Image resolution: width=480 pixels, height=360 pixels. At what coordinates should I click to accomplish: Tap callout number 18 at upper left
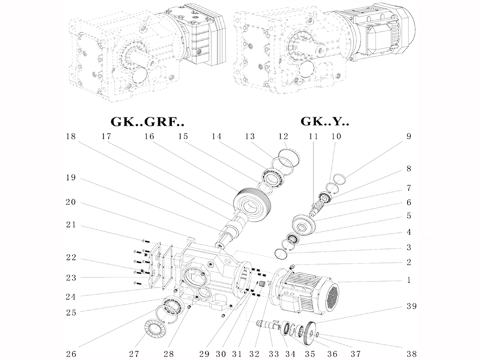coord(71,137)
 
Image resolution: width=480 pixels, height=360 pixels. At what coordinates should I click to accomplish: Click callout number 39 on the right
coord(410,306)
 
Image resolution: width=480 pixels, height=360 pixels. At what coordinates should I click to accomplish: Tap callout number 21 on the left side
coord(71,226)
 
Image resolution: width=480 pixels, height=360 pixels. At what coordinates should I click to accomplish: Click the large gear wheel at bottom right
coord(308,331)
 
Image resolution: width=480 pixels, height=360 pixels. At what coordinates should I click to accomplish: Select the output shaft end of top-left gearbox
coord(138,75)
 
